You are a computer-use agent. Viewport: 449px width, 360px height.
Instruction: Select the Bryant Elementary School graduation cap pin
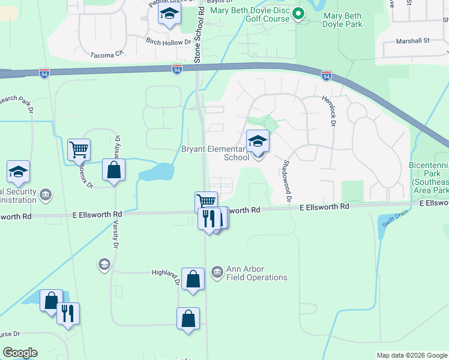(258, 142)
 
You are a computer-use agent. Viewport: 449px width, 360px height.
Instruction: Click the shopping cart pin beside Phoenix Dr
(79, 149)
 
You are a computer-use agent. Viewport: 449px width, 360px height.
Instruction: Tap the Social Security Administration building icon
(46, 194)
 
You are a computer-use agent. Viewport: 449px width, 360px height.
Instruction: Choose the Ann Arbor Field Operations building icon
(217, 273)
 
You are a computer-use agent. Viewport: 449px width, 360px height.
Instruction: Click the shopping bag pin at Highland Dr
(193, 279)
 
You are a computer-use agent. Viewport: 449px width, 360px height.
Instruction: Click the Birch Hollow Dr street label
(168, 43)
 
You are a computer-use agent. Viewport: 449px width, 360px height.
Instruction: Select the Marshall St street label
(413, 41)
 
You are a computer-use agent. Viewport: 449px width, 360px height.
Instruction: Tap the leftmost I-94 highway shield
(44, 73)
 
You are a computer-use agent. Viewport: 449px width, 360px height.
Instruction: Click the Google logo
(20, 353)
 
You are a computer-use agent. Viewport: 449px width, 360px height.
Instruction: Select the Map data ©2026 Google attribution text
(411, 355)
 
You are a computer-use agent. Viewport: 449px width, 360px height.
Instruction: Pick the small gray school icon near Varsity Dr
(104, 264)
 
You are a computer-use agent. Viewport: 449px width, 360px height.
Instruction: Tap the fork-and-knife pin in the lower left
(68, 313)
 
